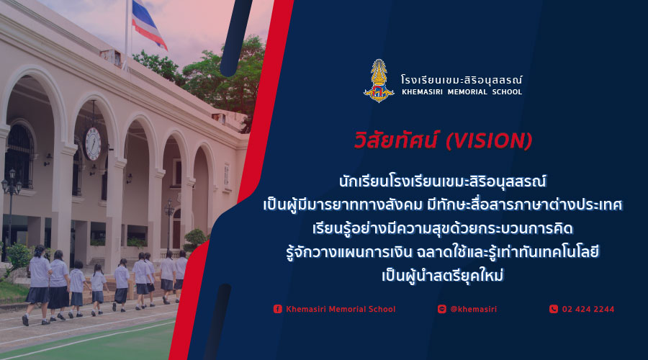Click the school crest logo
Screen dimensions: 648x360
(379, 81)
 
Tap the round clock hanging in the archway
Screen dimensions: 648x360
(93, 143)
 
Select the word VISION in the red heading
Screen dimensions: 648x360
(489, 141)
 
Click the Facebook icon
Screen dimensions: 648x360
(278, 309)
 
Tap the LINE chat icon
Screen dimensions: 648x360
(442, 309)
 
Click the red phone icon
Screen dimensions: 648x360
(554, 309)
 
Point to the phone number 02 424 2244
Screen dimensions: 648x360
(588, 309)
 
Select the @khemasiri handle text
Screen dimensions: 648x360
(473, 309)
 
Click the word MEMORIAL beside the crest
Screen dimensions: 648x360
(467, 92)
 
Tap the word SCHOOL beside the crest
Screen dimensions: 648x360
(507, 92)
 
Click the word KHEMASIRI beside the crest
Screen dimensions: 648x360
(423, 92)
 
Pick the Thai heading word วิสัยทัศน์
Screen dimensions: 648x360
(395, 140)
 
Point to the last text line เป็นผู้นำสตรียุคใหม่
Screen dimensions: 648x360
(443, 275)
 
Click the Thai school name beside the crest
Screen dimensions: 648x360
(462, 80)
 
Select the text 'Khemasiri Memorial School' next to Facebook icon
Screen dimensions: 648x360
(341, 309)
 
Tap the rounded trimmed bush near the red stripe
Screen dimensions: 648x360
(194, 240)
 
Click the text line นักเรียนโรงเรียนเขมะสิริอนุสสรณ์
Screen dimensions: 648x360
(443, 181)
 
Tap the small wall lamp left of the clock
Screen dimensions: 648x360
(48, 159)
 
